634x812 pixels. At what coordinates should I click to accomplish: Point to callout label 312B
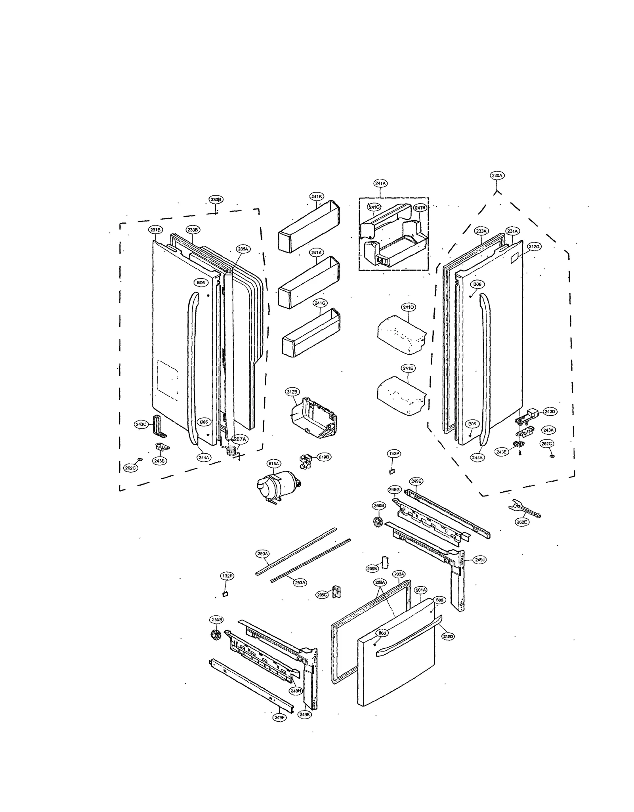click(292, 392)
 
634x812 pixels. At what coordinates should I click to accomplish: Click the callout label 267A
click(239, 439)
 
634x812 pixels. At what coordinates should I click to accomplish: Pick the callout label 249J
click(479, 560)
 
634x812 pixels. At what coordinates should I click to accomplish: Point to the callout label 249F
click(279, 717)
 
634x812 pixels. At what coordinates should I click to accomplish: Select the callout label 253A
click(300, 582)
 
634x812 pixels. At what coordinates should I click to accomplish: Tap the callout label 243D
click(549, 412)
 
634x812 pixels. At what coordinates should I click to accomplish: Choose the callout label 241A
click(380, 183)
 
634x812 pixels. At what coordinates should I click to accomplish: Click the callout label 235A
click(243, 249)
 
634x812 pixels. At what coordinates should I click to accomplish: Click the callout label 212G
click(534, 246)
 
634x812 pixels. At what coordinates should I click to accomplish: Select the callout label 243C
click(141, 424)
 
